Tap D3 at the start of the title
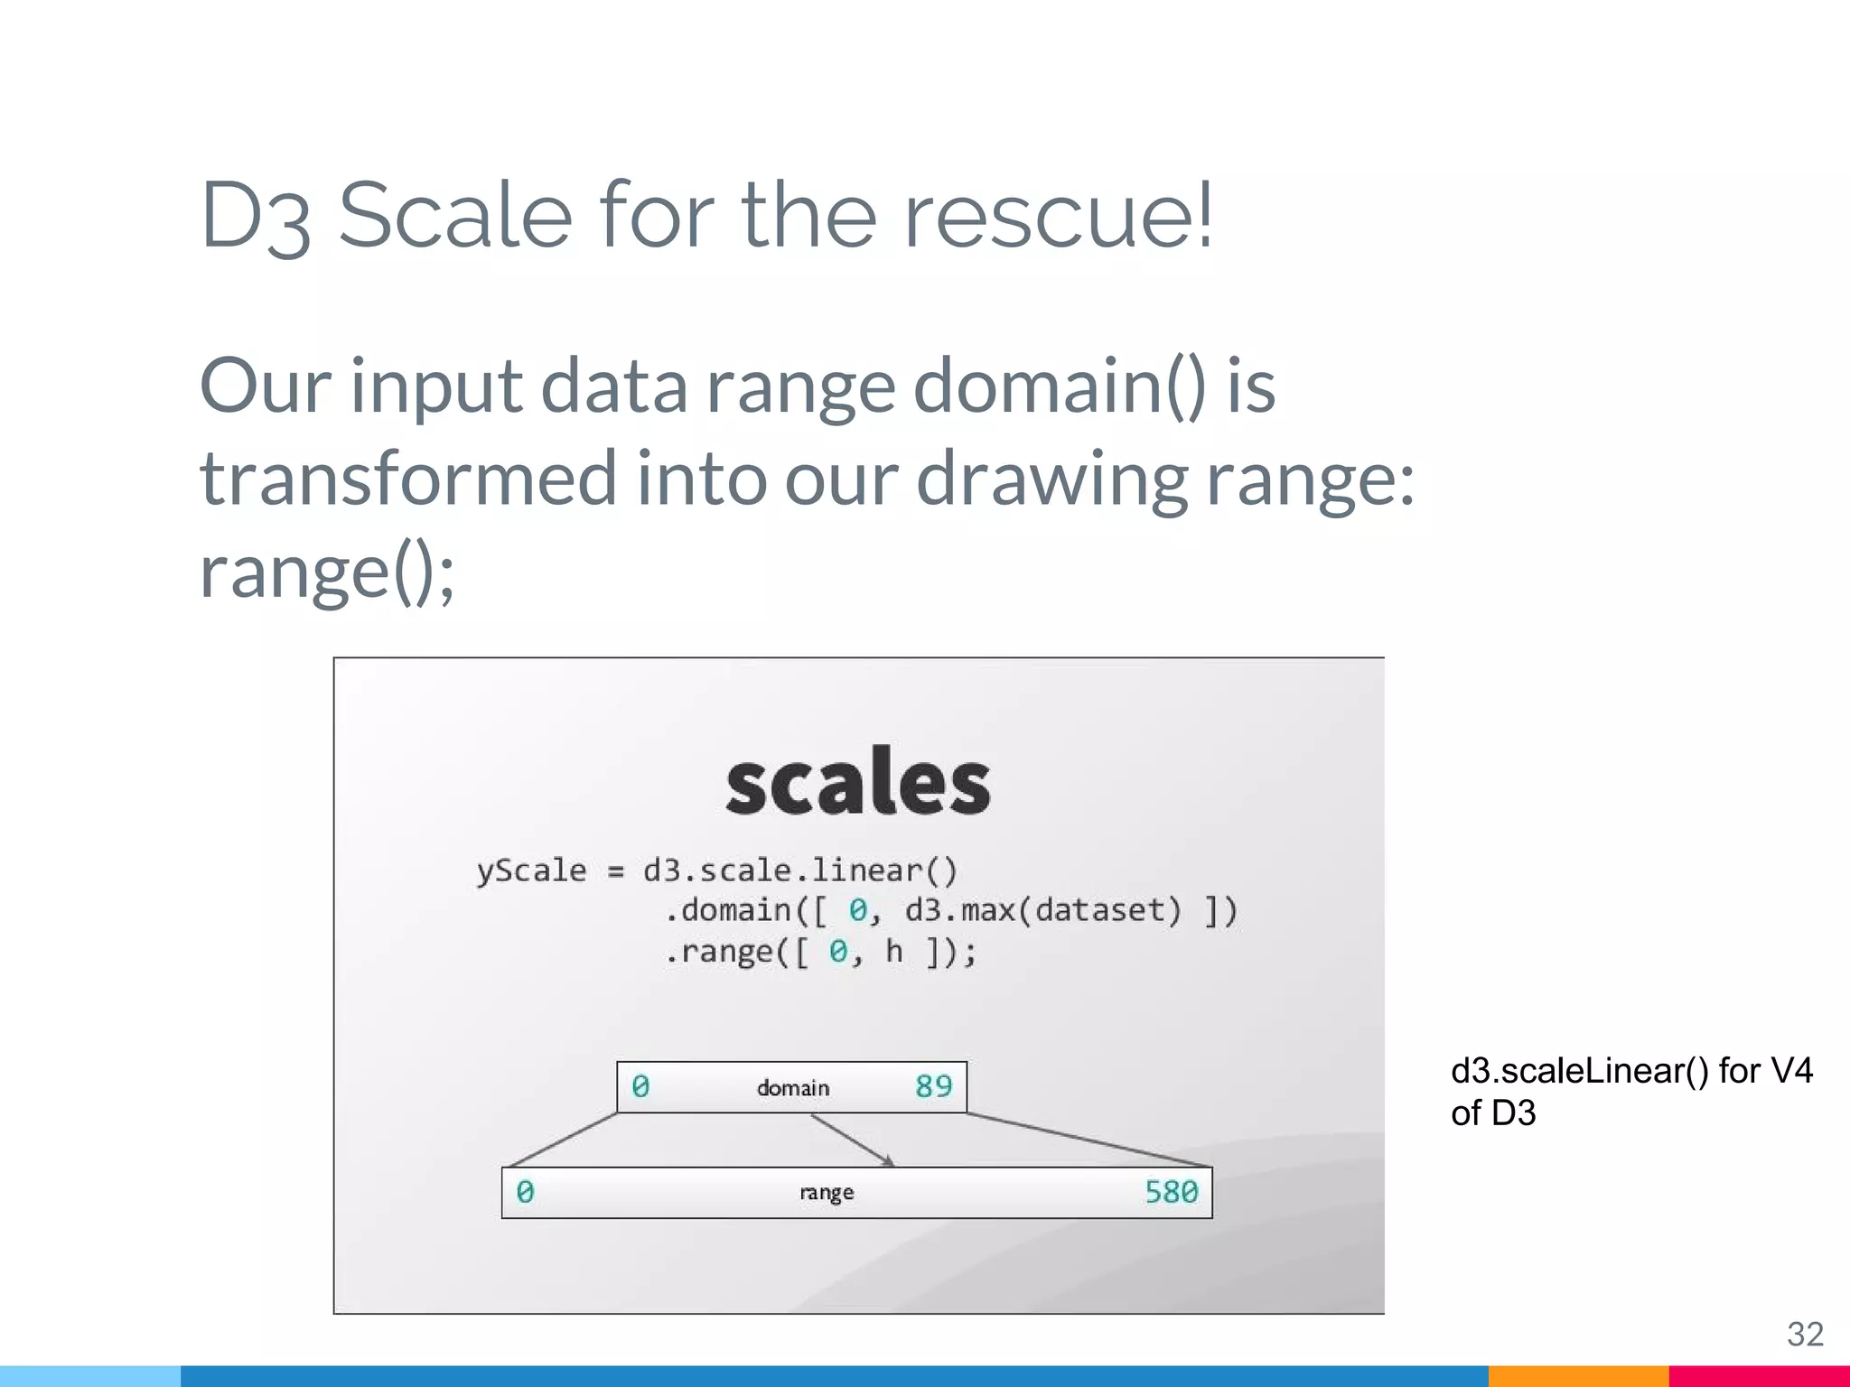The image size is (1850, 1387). [256, 217]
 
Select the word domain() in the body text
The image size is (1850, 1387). [1059, 386]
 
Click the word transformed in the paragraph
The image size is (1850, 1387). [407, 478]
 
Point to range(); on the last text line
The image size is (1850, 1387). [327, 571]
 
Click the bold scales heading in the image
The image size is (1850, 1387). [857, 782]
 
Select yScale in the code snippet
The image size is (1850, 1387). [531, 870]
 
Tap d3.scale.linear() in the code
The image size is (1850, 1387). [799, 870]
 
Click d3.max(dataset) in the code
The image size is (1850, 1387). [1042, 910]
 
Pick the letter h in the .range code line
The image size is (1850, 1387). [893, 951]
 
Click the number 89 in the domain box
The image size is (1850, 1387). [933, 1086]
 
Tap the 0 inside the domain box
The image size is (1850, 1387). [640, 1086]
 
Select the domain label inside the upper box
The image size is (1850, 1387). [793, 1088]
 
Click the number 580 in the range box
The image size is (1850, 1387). [1171, 1192]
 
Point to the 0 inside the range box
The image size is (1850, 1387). [525, 1192]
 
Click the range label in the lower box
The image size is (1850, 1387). [826, 1193]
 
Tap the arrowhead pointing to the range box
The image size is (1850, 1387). [888, 1161]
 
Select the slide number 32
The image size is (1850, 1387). [1805, 1334]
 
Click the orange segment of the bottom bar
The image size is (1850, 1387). [1577, 1376]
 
